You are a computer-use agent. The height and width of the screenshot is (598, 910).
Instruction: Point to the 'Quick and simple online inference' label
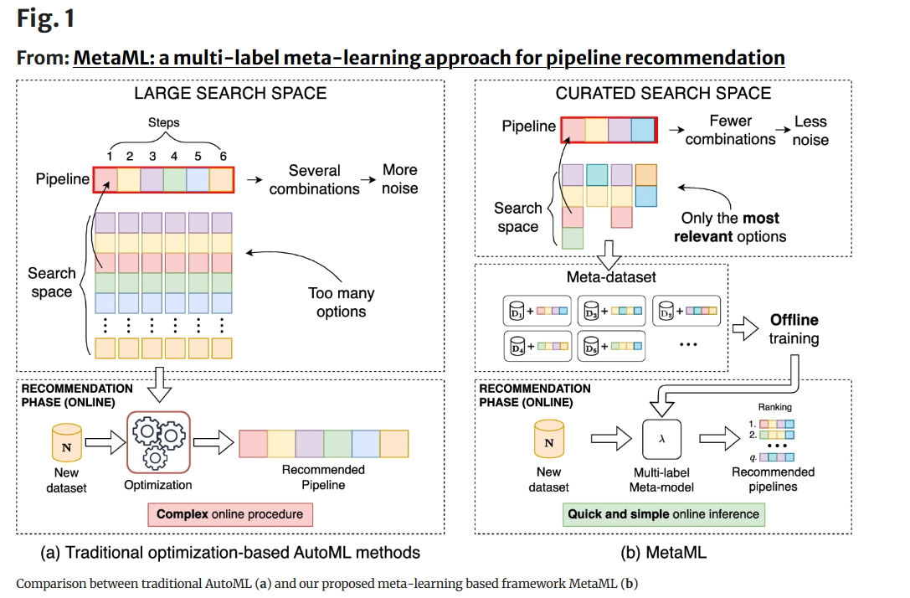(x=663, y=513)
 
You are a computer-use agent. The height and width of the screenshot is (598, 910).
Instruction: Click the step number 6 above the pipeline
(x=223, y=157)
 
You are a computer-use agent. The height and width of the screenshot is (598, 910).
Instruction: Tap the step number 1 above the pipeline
(x=108, y=157)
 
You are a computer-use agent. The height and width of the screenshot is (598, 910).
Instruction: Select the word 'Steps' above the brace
(x=163, y=122)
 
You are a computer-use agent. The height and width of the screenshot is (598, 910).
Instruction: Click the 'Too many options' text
(x=341, y=302)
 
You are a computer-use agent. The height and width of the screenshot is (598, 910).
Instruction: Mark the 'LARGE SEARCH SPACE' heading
(x=230, y=93)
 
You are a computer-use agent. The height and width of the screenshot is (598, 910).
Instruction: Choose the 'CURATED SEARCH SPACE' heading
(x=663, y=93)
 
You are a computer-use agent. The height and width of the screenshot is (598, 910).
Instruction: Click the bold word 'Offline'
(x=794, y=320)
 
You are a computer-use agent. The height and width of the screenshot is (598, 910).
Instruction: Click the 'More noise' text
(x=399, y=178)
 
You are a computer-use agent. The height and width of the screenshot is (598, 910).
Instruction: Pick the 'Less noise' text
(x=810, y=131)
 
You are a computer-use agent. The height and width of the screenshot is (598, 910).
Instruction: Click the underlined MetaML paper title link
(x=429, y=58)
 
